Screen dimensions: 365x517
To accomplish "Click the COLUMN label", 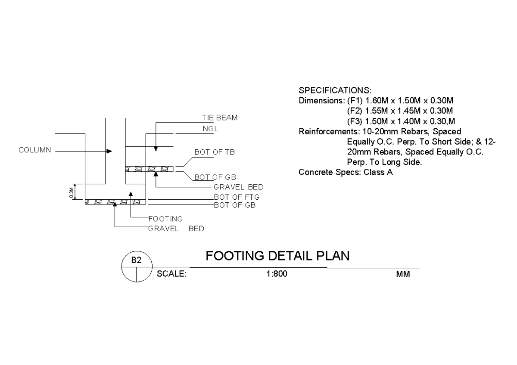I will coord(35,150).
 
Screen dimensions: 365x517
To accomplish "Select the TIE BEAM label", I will coord(220,118).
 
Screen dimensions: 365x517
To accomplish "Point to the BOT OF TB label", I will coord(215,152).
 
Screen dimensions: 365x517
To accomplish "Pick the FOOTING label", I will coord(165,219).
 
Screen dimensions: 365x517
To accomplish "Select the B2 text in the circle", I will coord(136,260).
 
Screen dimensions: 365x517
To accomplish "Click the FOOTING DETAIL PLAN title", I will coord(277,256).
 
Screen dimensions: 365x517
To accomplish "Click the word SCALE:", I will coord(171,274).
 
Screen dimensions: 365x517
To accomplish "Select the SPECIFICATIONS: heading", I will coord(335,91).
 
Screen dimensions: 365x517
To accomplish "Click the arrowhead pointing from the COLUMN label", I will coord(109,152).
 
